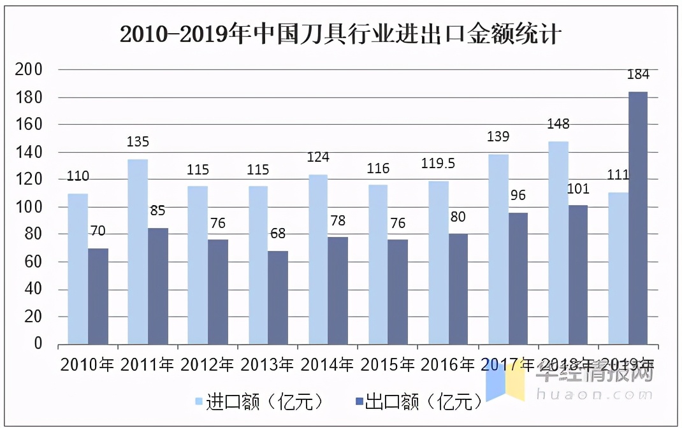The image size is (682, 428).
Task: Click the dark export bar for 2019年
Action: (x=637, y=218)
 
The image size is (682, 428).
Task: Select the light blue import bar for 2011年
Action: (x=138, y=252)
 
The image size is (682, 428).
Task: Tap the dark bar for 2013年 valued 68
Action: (x=277, y=297)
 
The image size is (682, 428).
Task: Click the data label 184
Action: (x=637, y=75)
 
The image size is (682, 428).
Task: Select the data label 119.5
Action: (x=438, y=164)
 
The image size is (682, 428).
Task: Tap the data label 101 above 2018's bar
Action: (x=577, y=189)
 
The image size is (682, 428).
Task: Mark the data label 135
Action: (x=138, y=142)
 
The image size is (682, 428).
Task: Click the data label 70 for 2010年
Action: (x=98, y=231)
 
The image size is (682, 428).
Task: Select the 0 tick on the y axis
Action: (x=38, y=344)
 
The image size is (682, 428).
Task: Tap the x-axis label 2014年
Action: (x=327, y=366)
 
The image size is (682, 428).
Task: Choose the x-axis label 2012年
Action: (x=208, y=366)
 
